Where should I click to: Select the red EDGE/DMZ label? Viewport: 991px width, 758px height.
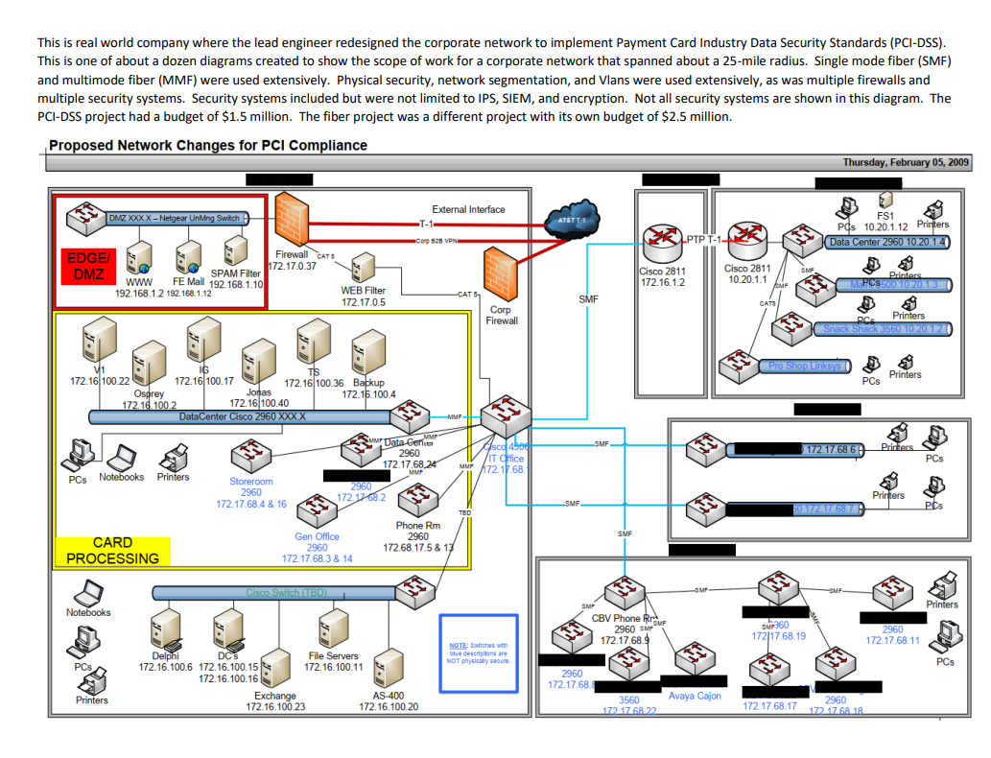pos(89,266)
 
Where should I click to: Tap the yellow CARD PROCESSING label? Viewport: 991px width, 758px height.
pos(112,550)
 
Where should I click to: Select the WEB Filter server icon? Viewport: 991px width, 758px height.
pos(364,268)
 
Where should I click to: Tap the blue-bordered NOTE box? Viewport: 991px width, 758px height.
pos(478,653)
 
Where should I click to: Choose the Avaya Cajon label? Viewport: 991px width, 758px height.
pos(695,696)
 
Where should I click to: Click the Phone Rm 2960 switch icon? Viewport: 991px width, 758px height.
pos(417,498)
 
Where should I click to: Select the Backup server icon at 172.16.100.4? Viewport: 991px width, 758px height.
pos(366,352)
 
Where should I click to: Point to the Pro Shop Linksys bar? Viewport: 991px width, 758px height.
pos(804,366)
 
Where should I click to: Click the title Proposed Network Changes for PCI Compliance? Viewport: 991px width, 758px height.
pos(208,146)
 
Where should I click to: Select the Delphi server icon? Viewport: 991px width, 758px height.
pos(164,632)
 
